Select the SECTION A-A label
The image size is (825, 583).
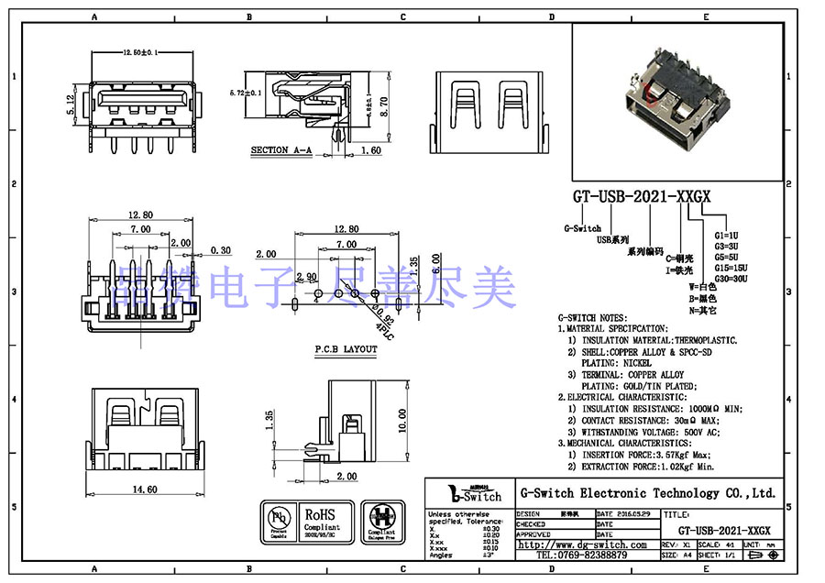point(281,149)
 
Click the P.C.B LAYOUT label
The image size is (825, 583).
point(346,349)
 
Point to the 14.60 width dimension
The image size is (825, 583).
point(144,490)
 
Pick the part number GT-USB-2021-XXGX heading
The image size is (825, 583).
point(642,196)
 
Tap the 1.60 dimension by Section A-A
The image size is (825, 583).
point(370,149)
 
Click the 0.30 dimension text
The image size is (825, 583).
point(220,249)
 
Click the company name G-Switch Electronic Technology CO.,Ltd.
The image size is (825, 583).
point(648,492)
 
